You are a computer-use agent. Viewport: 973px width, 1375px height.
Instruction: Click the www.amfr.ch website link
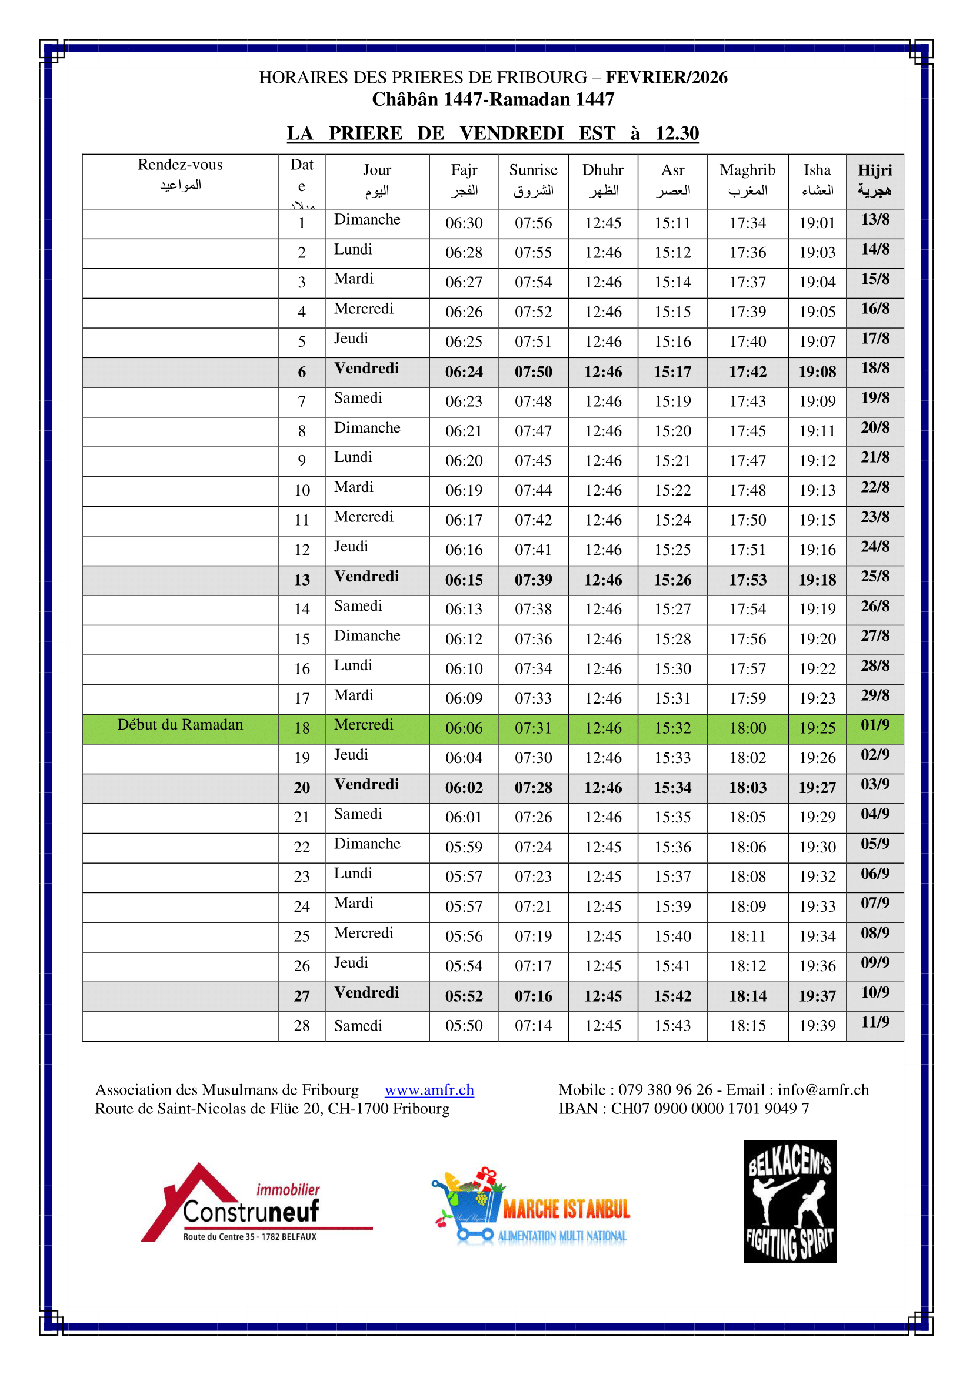pyautogui.click(x=429, y=1089)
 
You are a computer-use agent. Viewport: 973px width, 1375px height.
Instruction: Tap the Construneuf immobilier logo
pyautogui.click(x=256, y=1203)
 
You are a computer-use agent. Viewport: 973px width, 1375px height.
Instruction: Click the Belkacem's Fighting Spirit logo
pyautogui.click(x=789, y=1202)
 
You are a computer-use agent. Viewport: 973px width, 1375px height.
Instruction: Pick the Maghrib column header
pyautogui.click(x=747, y=180)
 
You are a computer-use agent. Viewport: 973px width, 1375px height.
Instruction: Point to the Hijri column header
pyautogui.click(x=875, y=180)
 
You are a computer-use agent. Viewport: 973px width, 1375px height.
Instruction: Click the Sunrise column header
pyautogui.click(x=533, y=180)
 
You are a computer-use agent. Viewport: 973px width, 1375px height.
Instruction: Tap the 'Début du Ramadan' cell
pyautogui.click(x=181, y=725)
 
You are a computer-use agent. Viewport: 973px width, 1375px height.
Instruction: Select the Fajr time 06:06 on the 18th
pyautogui.click(x=464, y=728)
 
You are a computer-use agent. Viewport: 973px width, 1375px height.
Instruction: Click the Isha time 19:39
pyautogui.click(x=817, y=1025)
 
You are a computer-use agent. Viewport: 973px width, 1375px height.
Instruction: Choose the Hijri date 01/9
pyautogui.click(x=875, y=725)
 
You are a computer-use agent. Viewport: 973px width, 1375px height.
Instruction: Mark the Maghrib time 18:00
pyautogui.click(x=747, y=728)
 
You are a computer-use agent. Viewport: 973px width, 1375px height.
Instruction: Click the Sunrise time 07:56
pyautogui.click(x=533, y=223)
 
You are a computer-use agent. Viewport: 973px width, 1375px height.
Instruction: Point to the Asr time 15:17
pyautogui.click(x=672, y=372)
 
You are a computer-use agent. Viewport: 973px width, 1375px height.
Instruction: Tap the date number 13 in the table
pyautogui.click(x=301, y=580)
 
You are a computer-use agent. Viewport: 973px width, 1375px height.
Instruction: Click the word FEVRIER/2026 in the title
pyautogui.click(x=667, y=77)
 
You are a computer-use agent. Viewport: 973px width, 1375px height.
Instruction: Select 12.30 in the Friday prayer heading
pyautogui.click(x=677, y=133)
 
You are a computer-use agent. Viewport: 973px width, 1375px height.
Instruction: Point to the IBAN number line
pyautogui.click(x=684, y=1109)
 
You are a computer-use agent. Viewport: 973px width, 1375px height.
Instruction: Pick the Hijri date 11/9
pyautogui.click(x=875, y=1022)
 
